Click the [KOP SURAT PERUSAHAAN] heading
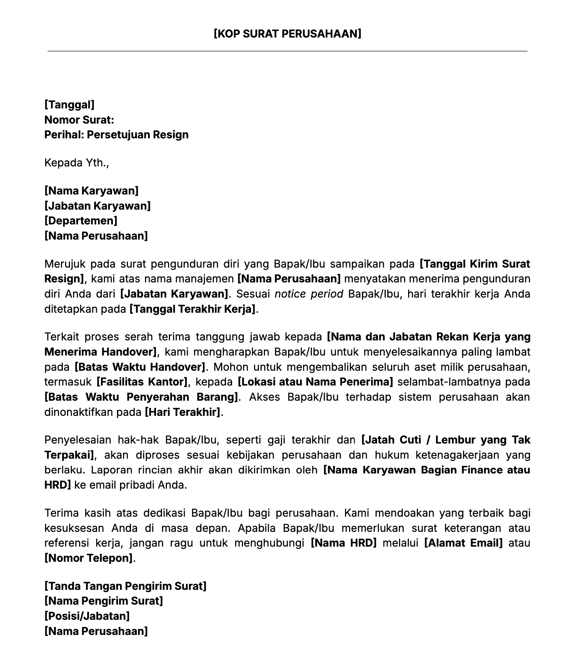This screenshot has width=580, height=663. click(287, 34)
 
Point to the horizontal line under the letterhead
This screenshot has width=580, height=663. click(287, 51)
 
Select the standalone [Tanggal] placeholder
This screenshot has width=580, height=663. click(69, 105)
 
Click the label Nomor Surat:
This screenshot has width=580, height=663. click(79, 120)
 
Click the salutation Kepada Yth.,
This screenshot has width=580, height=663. click(76, 163)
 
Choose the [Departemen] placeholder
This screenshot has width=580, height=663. click(81, 221)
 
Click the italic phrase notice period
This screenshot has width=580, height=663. click(309, 294)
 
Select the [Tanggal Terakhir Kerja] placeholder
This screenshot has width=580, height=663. click(193, 309)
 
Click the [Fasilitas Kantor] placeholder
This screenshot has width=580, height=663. click(142, 382)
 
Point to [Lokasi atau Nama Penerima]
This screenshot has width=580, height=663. click(315, 382)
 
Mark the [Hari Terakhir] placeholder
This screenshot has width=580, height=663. click(182, 412)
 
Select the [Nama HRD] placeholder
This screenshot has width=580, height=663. click(344, 543)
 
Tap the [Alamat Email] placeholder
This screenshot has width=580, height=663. click(463, 543)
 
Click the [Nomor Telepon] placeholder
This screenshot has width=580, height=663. click(89, 558)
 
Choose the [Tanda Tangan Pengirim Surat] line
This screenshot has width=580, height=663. click(125, 586)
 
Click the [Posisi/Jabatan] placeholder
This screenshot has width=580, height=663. click(87, 616)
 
